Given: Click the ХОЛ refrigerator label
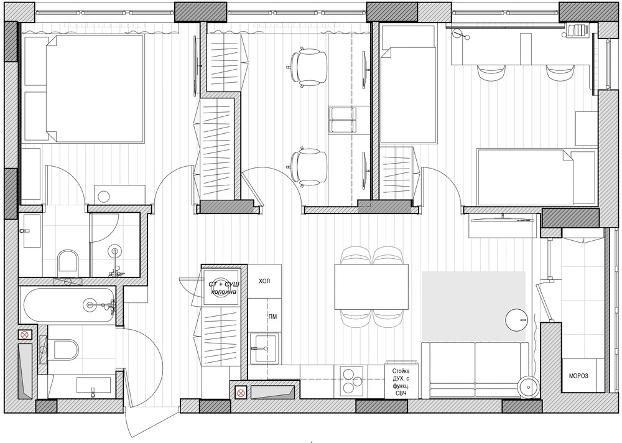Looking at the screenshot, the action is point(264,281).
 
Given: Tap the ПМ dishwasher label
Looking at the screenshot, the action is point(272,317).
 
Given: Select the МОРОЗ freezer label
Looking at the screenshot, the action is point(578,376).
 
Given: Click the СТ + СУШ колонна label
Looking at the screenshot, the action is point(223,288).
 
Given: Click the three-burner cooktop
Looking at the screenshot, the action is point(351,381).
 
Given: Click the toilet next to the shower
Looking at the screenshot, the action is point(68,262).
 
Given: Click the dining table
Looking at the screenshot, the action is point(372,287).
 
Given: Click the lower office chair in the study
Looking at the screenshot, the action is point(307,167).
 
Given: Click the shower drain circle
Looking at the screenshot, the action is point(116,251).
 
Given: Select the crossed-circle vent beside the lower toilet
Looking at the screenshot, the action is point(25,335).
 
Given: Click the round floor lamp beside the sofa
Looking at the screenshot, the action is point(528,385).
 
